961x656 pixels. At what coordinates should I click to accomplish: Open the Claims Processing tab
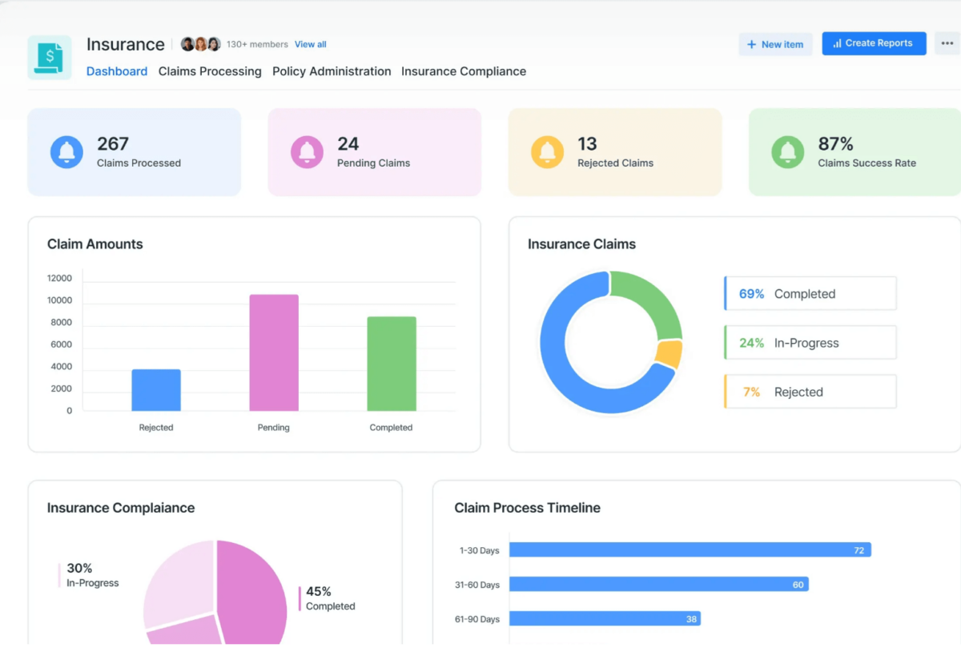coord(210,71)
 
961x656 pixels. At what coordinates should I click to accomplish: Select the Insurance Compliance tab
coord(464,71)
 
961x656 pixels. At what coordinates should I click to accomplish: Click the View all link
coord(310,44)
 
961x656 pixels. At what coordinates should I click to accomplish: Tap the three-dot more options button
coord(947,43)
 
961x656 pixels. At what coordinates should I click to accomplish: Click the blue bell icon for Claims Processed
coord(66,151)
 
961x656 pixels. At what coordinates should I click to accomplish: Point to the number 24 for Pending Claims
coord(348,144)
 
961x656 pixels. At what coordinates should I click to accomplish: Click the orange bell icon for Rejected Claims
coord(547,151)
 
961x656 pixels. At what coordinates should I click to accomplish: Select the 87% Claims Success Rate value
coord(835,144)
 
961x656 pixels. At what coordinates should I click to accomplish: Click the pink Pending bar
coord(274,352)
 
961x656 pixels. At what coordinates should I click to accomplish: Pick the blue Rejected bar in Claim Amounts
coord(156,390)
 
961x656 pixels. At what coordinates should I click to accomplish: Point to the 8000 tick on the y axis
coord(60,323)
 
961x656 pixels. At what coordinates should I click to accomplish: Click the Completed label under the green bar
coord(391,428)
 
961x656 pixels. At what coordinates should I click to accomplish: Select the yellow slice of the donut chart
coord(669,353)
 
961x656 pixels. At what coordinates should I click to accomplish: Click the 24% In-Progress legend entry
coord(810,343)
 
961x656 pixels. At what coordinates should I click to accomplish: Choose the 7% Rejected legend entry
coord(810,392)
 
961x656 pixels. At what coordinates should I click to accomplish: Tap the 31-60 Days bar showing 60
coord(658,585)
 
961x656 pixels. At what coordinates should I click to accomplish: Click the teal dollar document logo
coord(50,57)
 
